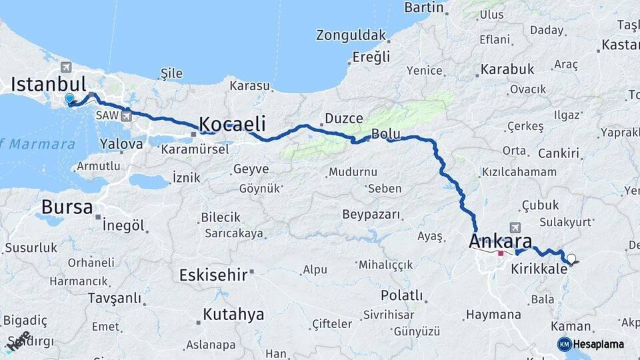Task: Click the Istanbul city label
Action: coord(49,84)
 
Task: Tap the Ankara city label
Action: coord(501,241)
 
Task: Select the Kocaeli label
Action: coord(232,124)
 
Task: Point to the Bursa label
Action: coord(67,207)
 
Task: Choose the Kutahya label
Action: coord(233,314)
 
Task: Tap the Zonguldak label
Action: coord(351,35)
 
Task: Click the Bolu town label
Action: coord(386,133)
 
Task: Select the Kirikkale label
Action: coord(539,269)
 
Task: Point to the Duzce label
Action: coord(343,119)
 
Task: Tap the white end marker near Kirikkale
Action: coord(571,258)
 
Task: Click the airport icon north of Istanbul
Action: coord(65,67)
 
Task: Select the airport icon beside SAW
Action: coord(127,115)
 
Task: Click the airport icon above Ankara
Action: coord(514,228)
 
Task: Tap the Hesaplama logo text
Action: coord(598,344)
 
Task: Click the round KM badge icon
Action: coord(565,344)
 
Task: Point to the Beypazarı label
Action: coord(371,215)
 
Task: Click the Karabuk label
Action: coord(508,69)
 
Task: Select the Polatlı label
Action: coord(401,295)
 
